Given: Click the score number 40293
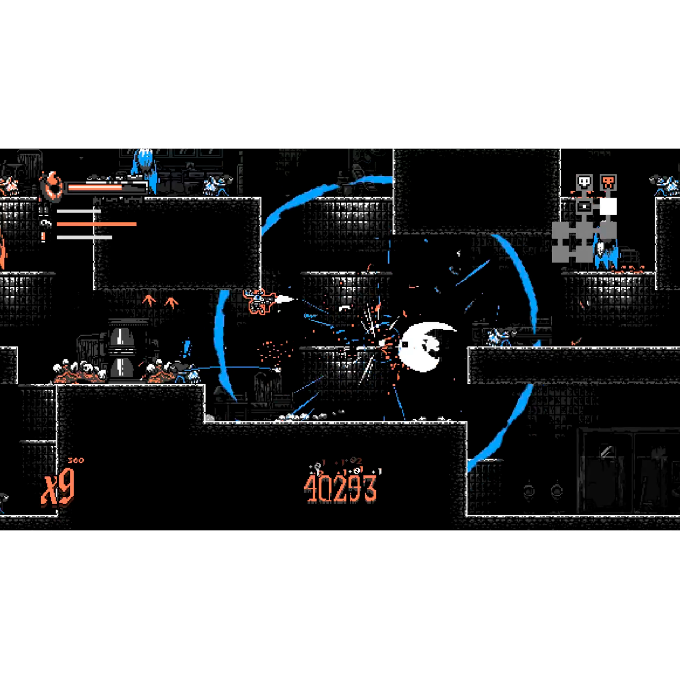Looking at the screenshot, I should pyautogui.click(x=340, y=488).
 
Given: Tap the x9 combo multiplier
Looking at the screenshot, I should pyautogui.click(x=58, y=487).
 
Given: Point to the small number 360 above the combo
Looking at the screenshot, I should pyautogui.click(x=76, y=460).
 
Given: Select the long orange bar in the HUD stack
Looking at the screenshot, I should pyautogui.click(x=96, y=224).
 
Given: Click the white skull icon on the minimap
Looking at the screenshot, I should pyautogui.click(x=584, y=183).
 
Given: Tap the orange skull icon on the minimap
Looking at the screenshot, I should pyautogui.click(x=608, y=183).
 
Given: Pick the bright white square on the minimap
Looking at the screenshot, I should pyautogui.click(x=608, y=206).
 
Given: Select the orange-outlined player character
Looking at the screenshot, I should pyautogui.click(x=259, y=301).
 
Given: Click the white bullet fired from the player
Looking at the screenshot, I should pyautogui.click(x=285, y=299).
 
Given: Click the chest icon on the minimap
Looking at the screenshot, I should pyautogui.click(x=584, y=207).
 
